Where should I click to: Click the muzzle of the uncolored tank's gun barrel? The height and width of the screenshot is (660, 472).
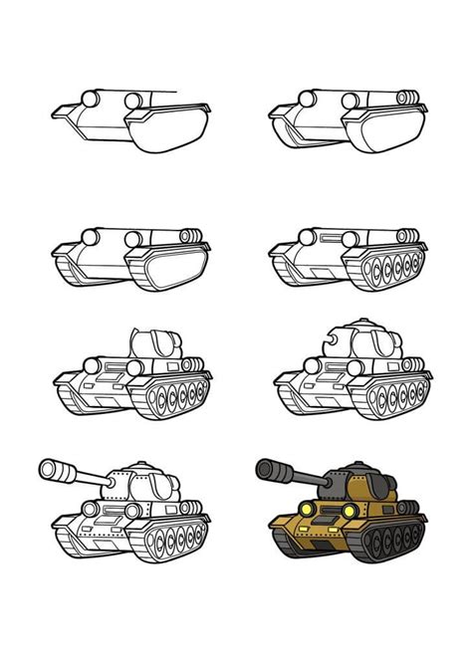[x=48, y=470]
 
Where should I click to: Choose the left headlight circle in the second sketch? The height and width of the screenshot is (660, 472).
[x=308, y=99]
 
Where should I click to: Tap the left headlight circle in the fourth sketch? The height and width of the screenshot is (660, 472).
[x=308, y=236]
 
